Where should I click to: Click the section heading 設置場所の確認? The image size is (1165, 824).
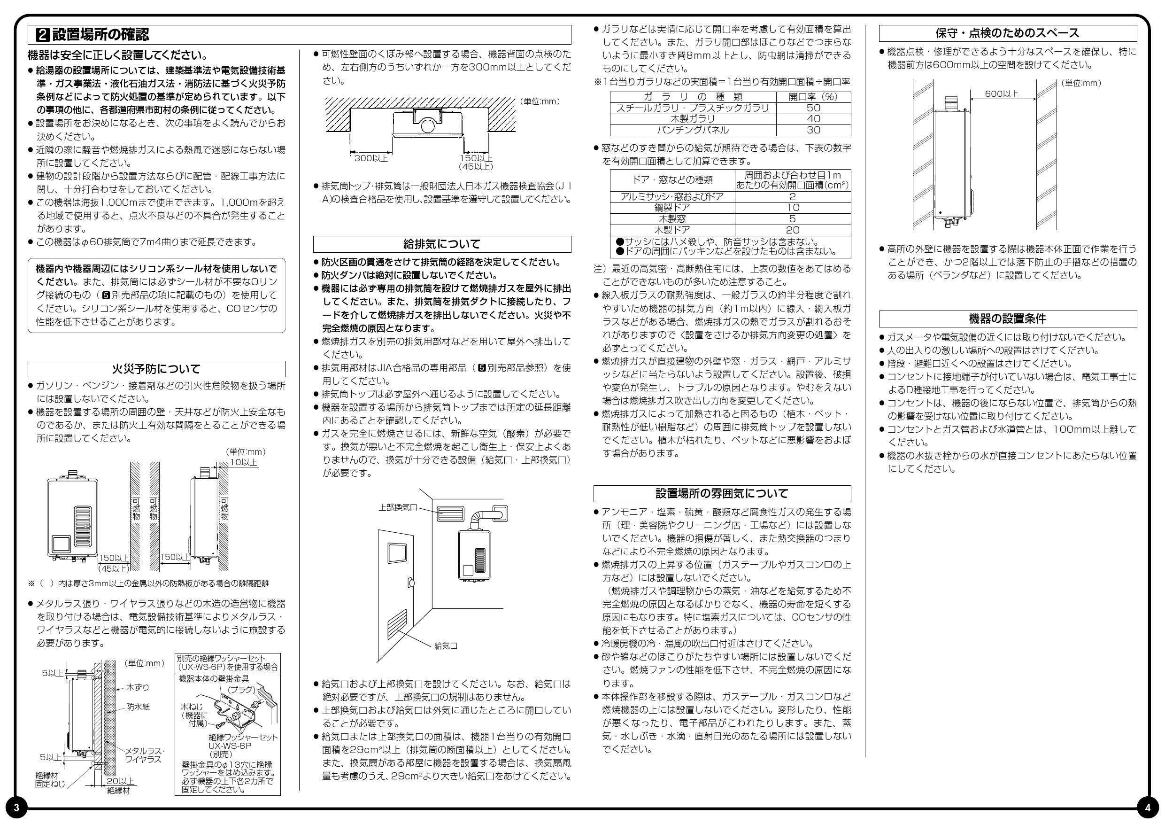click(100, 34)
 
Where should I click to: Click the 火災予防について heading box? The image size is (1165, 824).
click(156, 369)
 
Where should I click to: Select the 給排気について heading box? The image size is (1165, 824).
click(441, 244)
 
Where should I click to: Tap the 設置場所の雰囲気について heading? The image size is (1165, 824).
click(722, 493)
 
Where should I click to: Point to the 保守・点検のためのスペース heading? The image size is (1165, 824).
click(1007, 33)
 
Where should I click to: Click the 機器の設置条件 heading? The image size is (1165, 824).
click(1007, 319)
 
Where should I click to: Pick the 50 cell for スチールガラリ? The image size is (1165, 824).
click(813, 108)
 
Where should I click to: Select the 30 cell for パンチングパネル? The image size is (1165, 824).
click(813, 130)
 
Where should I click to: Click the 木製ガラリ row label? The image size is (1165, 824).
click(693, 119)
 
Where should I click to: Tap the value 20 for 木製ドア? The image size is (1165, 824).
click(792, 230)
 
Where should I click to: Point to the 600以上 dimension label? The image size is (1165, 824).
click(1001, 94)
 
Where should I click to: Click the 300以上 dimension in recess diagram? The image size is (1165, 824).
click(370, 158)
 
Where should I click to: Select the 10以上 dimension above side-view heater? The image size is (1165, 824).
click(244, 462)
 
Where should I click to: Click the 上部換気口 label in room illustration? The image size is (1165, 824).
click(397, 507)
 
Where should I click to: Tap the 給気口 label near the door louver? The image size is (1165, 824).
click(446, 646)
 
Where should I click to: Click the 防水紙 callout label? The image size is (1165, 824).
click(138, 707)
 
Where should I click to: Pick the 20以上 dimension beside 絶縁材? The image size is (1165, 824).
click(120, 781)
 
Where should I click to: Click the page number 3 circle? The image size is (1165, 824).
click(15, 808)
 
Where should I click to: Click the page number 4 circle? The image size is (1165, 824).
click(1148, 808)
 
